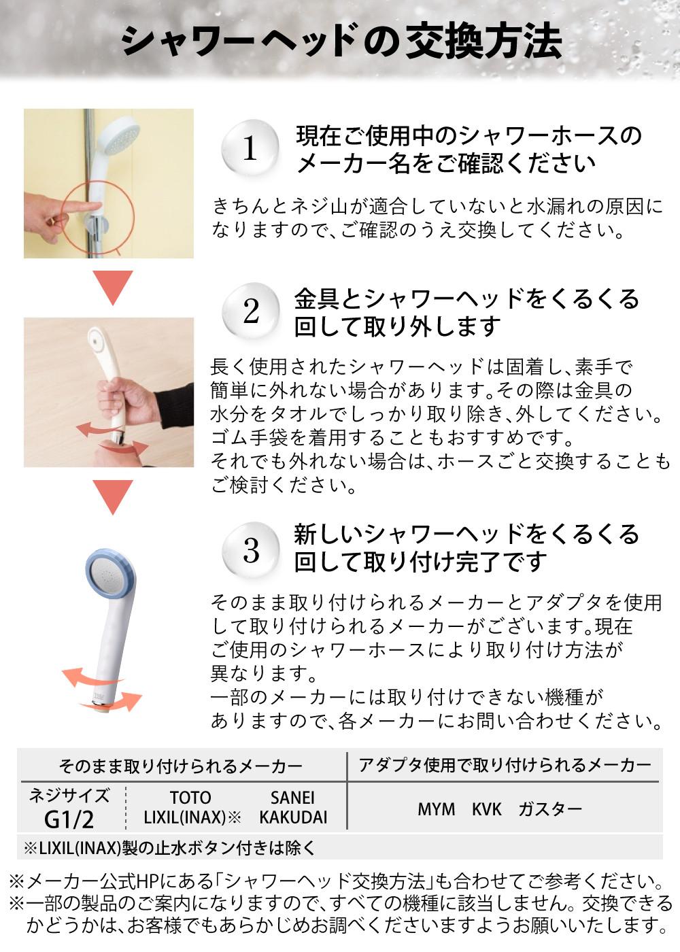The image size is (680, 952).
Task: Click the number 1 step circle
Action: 250,148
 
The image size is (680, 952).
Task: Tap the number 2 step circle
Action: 250,311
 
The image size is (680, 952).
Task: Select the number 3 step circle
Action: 250,550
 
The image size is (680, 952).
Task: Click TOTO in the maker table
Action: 190,797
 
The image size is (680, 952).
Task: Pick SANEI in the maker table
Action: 292,797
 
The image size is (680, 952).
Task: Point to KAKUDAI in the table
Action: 293,817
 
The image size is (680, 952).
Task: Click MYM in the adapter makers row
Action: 436,809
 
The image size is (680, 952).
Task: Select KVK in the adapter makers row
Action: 487,809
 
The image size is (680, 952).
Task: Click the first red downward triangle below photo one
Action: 113,287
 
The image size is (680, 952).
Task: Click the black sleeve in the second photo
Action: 175,407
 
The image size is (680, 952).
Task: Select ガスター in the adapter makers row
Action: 550,809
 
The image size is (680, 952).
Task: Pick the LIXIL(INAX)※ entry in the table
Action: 192,817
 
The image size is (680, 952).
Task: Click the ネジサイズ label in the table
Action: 69,796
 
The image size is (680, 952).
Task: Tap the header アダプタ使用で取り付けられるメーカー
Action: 505,766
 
